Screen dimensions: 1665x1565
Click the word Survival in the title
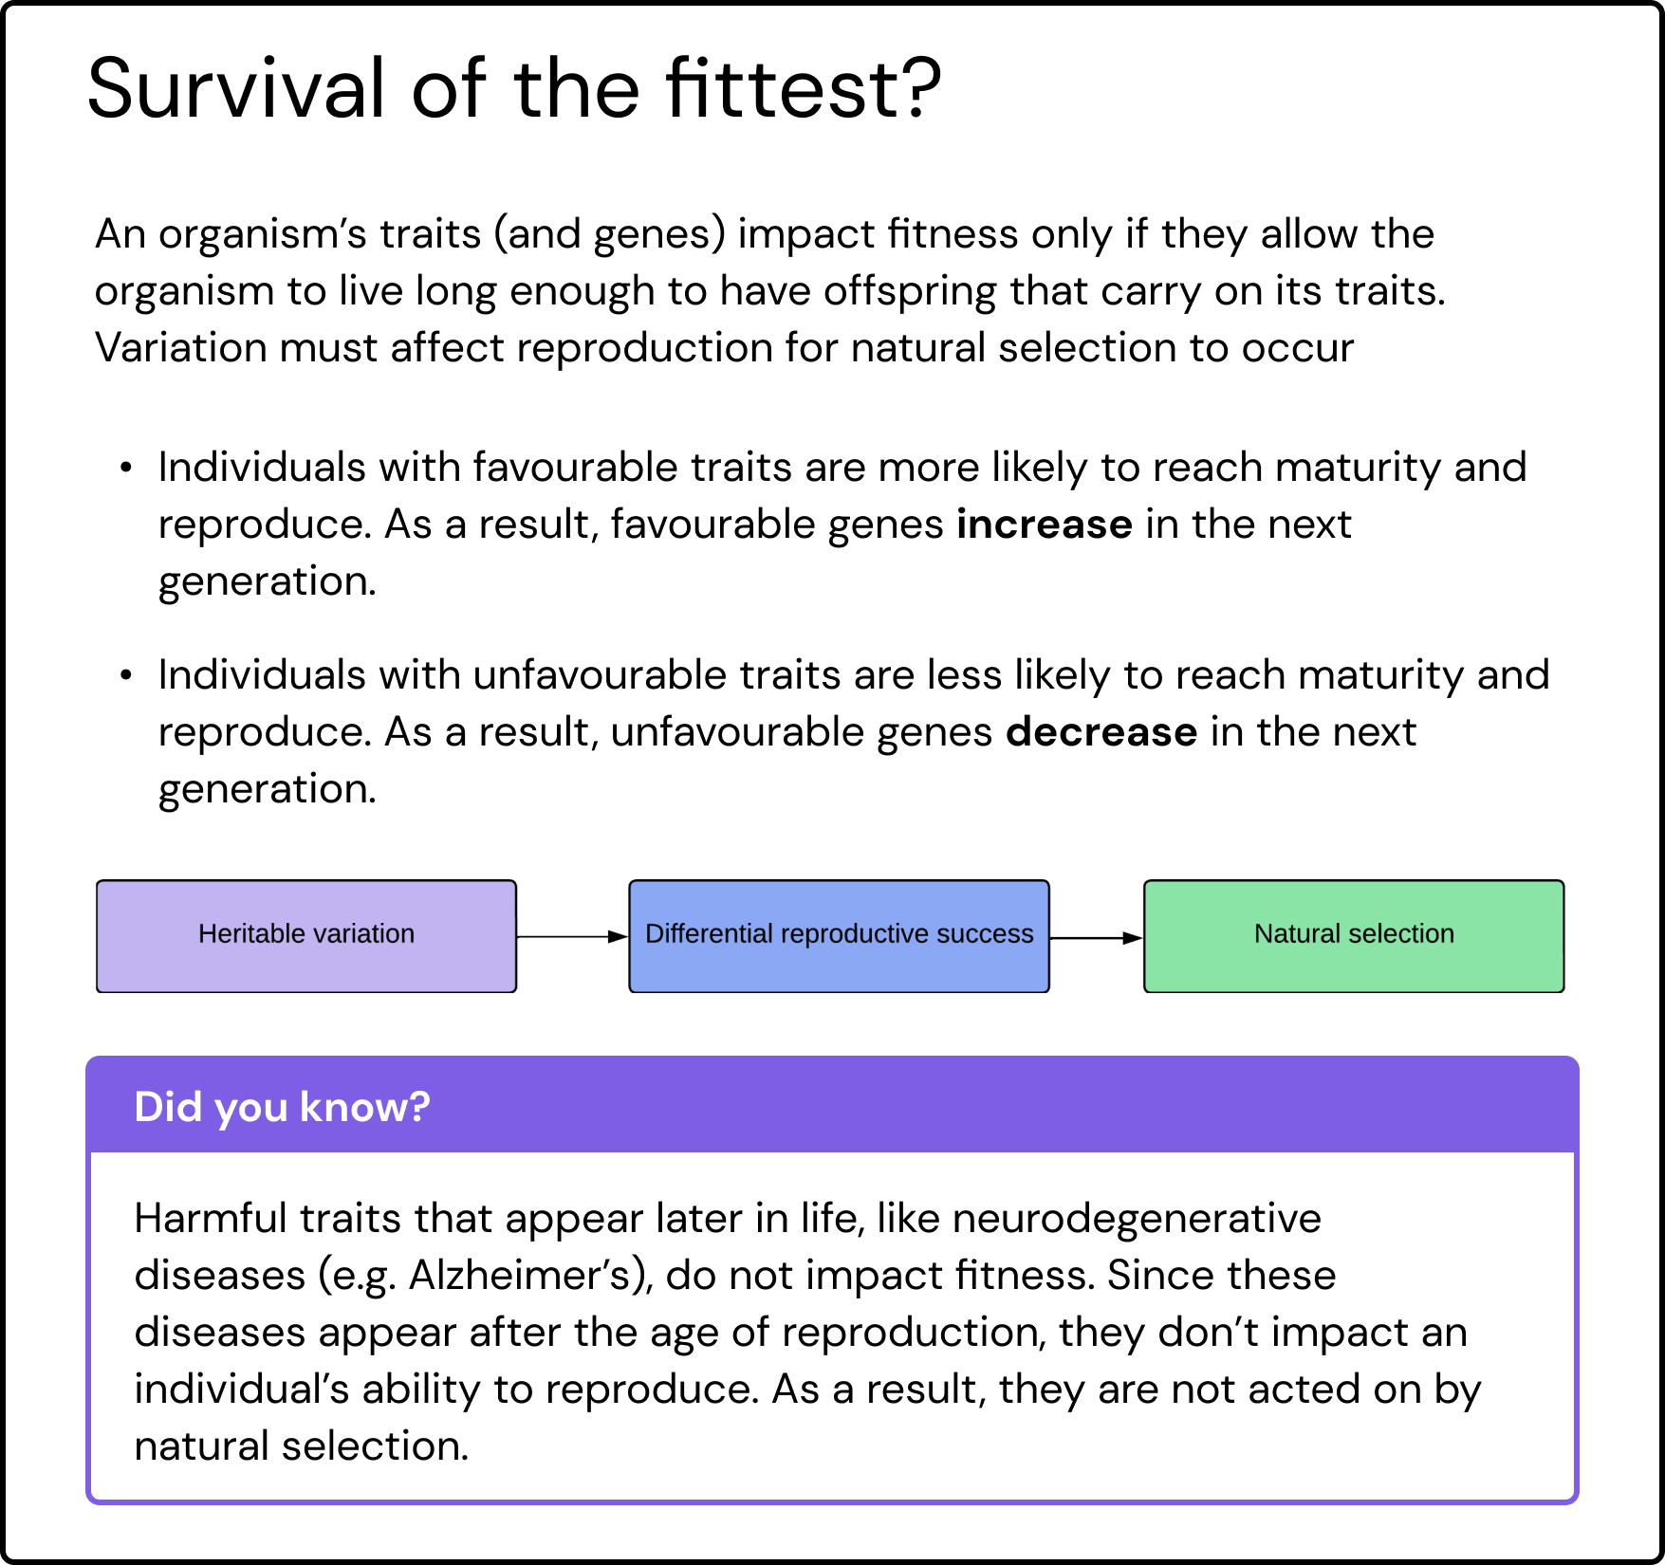[236, 88]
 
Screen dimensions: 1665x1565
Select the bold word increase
[1044, 525]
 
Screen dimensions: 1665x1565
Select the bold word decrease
[1101, 732]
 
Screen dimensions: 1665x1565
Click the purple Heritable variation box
[306, 936]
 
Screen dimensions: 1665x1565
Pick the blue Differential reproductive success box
[839, 936]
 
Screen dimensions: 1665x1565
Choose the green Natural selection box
[1354, 936]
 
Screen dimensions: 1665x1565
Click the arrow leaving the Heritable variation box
[573, 937]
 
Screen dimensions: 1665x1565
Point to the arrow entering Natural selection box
[1097, 938]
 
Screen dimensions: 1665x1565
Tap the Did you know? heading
[282, 1107]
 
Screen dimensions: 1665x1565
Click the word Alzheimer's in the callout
[531, 1276]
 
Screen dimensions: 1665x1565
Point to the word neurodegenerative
[1137, 1220]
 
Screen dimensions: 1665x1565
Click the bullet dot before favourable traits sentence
[125, 468]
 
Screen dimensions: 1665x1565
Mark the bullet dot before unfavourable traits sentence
[125, 675]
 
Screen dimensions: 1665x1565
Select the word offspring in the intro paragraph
[909, 292]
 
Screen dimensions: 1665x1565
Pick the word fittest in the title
[780, 88]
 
